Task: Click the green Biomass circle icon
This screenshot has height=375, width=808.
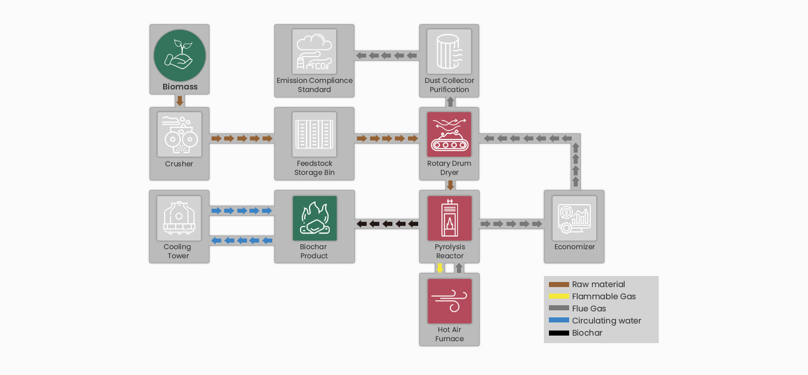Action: [180, 56]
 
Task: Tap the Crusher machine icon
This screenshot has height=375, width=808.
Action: [179, 134]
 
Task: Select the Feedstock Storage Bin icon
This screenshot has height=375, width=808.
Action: [314, 134]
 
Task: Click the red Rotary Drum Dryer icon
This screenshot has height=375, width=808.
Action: [449, 134]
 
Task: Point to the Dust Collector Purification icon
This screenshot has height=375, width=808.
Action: [449, 52]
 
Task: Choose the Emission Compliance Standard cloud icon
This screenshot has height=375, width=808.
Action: [314, 52]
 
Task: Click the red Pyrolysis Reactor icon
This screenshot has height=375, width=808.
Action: [449, 218]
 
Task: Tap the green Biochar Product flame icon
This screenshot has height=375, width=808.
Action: [315, 218]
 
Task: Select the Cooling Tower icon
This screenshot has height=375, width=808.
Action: [179, 218]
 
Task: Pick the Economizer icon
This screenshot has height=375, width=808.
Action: [574, 218]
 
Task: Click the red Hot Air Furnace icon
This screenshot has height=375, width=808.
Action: [449, 301]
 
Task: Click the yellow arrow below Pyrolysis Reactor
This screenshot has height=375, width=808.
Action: [440, 268]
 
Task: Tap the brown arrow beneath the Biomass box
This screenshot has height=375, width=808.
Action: [180, 101]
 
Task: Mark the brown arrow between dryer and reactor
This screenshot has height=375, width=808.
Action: [450, 185]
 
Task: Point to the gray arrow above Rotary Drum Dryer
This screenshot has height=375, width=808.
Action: [450, 102]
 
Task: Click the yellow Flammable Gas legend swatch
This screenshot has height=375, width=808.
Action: [559, 296]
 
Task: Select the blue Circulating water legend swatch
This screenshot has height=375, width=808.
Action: [559, 320]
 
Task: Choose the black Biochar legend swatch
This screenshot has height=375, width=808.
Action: [559, 333]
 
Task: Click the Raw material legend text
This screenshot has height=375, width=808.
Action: [598, 285]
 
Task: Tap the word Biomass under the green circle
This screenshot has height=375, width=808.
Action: [180, 86]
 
